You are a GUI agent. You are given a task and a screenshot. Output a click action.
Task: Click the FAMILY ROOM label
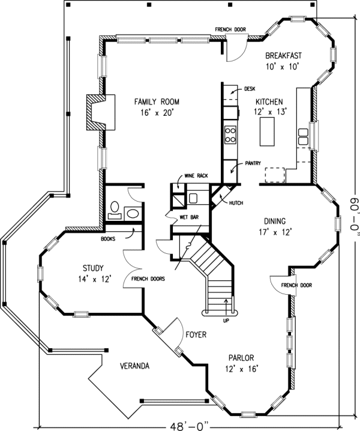pos(157,102)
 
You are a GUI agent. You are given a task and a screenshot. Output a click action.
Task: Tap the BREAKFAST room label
pos(283,55)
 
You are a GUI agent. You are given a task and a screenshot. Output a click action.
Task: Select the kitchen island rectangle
pos(267,131)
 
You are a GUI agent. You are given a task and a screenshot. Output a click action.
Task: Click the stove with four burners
pos(230,134)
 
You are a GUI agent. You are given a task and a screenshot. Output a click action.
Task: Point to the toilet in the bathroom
pos(115,209)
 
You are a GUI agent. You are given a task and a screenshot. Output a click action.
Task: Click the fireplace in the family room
pos(101,112)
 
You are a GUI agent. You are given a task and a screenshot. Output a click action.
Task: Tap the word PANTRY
pos(253,163)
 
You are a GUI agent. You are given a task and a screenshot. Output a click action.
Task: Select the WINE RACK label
pos(196,176)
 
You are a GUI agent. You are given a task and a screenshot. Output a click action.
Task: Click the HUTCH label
pos(236,203)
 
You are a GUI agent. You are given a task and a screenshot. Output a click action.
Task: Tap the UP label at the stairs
pos(226,321)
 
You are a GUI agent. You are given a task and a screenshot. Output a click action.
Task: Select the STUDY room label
pos(93,268)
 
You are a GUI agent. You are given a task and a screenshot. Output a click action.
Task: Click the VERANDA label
pos(134,366)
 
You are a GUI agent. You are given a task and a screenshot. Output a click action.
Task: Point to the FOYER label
pos(196,334)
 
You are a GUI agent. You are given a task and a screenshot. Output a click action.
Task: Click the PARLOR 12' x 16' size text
pos(241,369)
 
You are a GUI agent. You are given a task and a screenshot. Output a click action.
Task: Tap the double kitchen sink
pos(303,137)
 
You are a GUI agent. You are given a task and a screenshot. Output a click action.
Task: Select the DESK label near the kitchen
pos(250,89)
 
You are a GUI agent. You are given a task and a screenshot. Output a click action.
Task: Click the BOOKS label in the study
pos(108,239)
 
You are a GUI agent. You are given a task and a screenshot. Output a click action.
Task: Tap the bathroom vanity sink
pos(133,214)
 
